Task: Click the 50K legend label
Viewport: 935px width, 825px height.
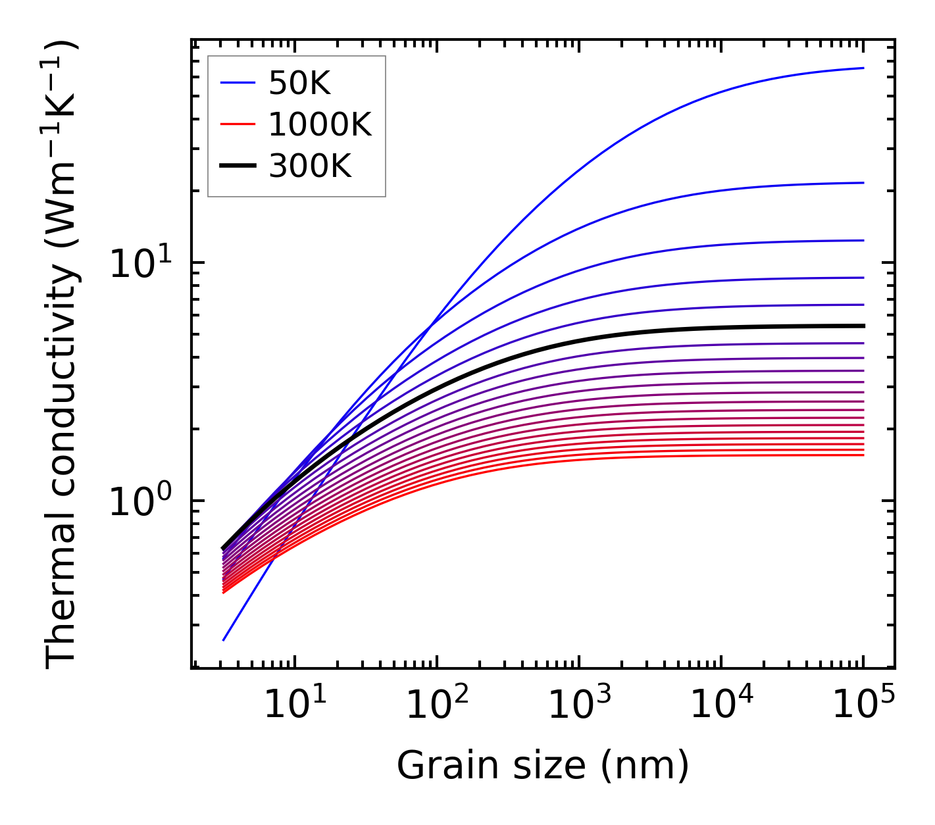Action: (x=299, y=84)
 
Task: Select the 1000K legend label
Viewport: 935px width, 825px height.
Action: (x=320, y=125)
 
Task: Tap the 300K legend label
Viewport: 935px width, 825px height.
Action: (x=310, y=166)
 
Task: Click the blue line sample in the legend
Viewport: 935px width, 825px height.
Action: (x=237, y=84)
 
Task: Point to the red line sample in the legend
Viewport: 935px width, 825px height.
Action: (x=237, y=125)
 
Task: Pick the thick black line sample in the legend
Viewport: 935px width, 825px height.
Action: (x=237, y=166)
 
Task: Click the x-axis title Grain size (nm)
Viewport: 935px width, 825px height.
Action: (x=543, y=766)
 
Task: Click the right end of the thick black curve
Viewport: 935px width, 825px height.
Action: (x=863, y=326)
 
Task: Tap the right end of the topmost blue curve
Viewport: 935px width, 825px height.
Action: (x=863, y=68)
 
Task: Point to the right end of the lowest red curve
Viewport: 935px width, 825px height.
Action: (x=863, y=455)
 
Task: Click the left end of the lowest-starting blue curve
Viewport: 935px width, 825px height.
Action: (x=224, y=640)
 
